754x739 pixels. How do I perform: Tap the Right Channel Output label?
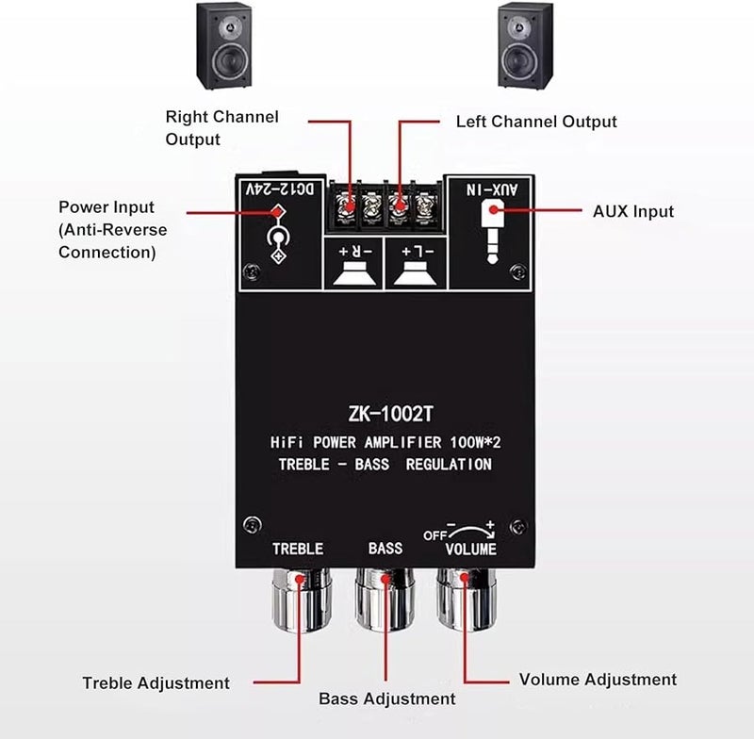[221, 128]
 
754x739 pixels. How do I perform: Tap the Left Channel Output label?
[536, 122]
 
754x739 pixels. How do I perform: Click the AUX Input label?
[633, 211]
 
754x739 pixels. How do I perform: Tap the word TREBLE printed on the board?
[298, 549]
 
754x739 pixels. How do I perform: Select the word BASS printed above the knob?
[385, 548]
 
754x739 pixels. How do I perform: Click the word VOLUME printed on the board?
[470, 550]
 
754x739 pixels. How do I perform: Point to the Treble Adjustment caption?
[156, 683]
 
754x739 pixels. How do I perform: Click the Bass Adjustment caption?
[386, 698]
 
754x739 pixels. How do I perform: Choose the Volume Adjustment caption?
[598, 679]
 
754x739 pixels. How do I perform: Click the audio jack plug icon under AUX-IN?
[492, 234]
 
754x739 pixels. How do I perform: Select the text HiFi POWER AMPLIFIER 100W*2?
[385, 441]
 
